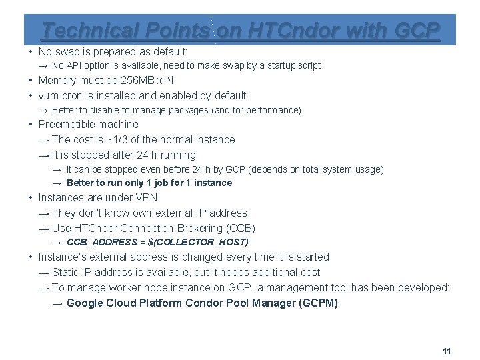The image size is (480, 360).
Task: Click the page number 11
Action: [x=447, y=351]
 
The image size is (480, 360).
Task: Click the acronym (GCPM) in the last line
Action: [x=319, y=303]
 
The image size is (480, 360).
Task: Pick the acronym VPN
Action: [x=147, y=198]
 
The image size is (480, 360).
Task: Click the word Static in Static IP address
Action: [x=65, y=273]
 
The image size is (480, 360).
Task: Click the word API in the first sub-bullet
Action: [x=74, y=66]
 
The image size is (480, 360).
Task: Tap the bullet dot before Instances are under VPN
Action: [x=31, y=198]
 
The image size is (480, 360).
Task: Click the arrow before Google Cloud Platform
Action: [x=57, y=303]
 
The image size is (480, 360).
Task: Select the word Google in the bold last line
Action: [x=84, y=303]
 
